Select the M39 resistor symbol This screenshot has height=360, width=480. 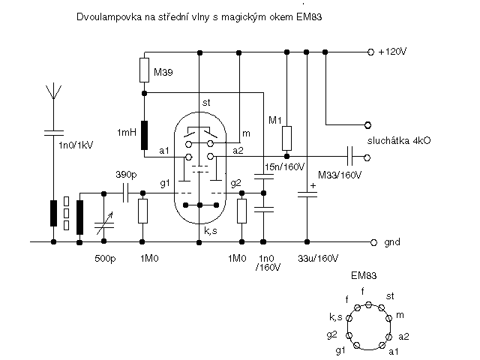point(145,71)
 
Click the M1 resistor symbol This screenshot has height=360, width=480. point(286,138)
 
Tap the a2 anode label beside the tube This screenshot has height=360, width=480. point(238,151)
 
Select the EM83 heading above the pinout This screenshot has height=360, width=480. point(363,275)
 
